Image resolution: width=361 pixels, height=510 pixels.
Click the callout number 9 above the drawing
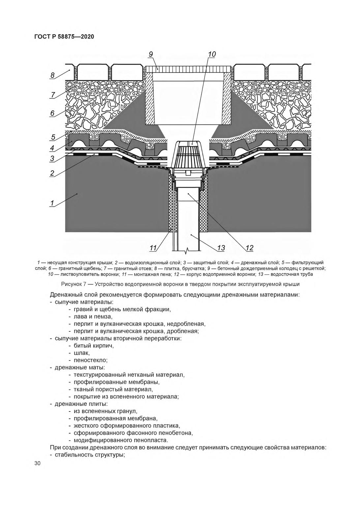151,54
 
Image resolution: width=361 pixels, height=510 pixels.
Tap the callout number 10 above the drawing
212,54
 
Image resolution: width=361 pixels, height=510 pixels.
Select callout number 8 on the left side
52,75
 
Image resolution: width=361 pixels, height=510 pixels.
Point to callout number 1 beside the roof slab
52,203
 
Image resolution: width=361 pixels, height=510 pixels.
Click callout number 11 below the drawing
153,248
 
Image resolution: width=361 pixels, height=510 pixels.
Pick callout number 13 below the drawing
221,248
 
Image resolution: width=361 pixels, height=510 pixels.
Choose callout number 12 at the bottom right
249,248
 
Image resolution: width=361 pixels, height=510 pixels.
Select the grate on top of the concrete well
188,69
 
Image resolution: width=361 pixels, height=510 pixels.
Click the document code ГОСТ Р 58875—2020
64,37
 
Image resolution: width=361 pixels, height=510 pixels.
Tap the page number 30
37,464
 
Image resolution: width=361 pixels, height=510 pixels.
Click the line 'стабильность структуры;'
89,455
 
